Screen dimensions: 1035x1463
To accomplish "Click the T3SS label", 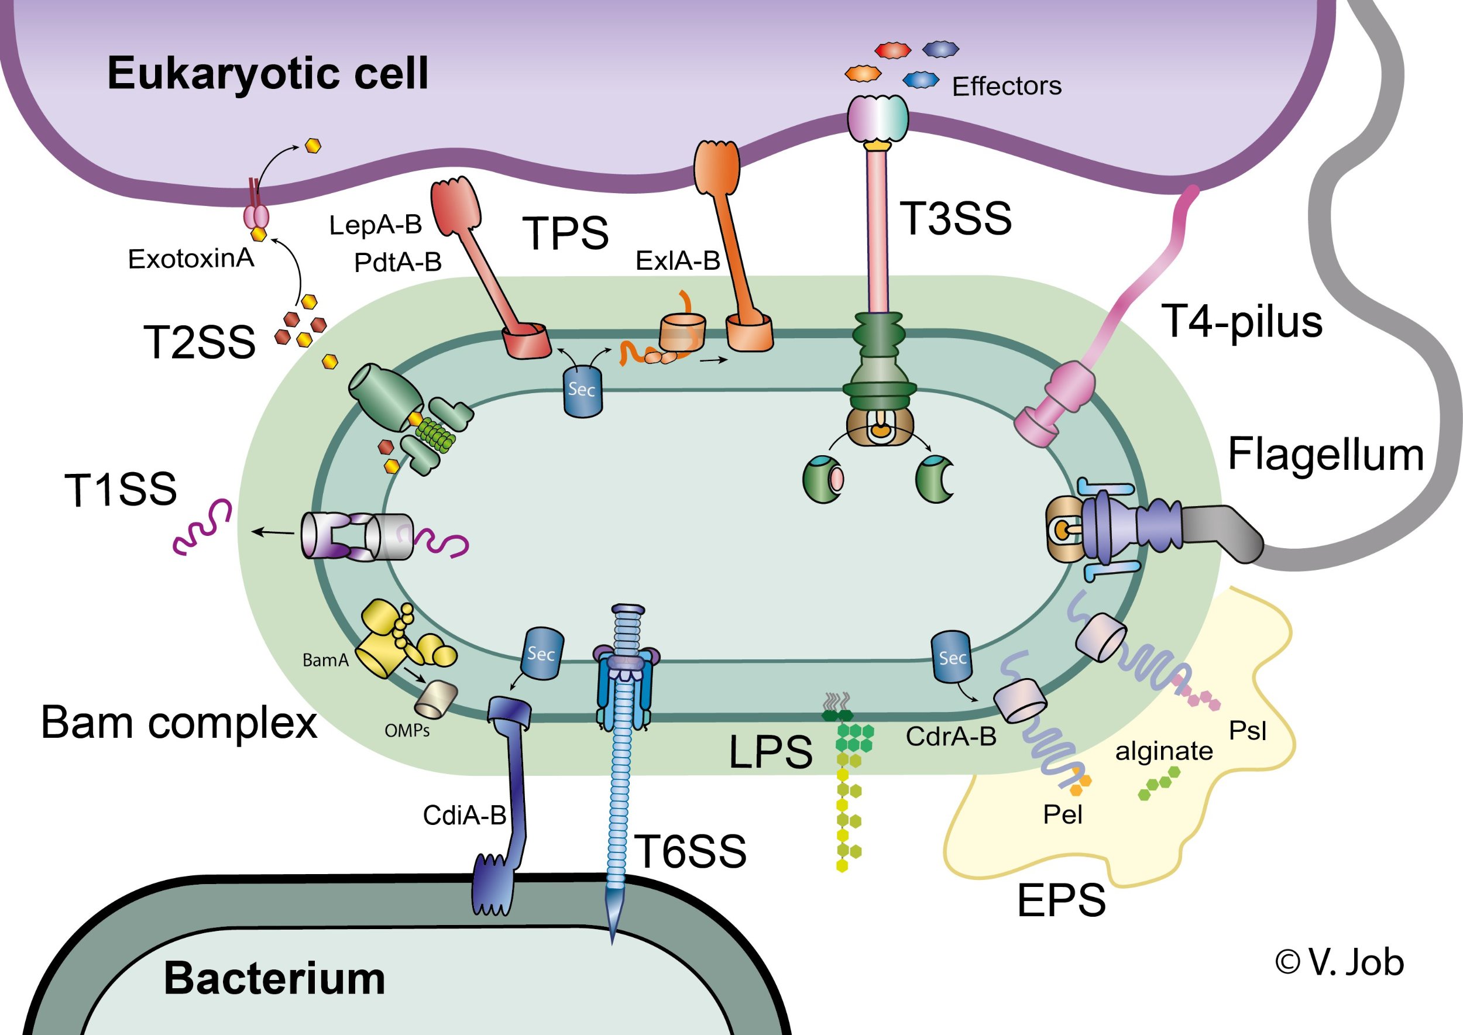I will point(955,219).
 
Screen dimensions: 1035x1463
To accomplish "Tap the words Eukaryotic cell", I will point(268,73).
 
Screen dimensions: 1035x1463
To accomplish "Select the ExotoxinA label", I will point(191,259).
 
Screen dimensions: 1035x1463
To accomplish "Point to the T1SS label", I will point(121,490).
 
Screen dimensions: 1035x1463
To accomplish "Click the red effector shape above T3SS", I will point(892,50).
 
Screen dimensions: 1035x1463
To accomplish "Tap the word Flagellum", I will point(1325,455).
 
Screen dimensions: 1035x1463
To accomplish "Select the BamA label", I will point(325,660).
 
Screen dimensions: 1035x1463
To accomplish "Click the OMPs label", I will point(407,730).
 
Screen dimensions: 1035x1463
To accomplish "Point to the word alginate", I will point(1163,751).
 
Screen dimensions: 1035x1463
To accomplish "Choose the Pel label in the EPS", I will point(1063,814).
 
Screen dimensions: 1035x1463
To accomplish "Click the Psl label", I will point(1248,731).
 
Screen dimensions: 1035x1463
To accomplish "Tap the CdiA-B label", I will point(464,815).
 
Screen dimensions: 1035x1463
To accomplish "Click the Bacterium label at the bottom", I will point(274,978).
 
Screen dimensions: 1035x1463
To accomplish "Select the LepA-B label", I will point(376,225).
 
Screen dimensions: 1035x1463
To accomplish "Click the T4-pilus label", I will point(1242,322).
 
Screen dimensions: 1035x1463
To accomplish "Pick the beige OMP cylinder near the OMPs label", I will point(436,699).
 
